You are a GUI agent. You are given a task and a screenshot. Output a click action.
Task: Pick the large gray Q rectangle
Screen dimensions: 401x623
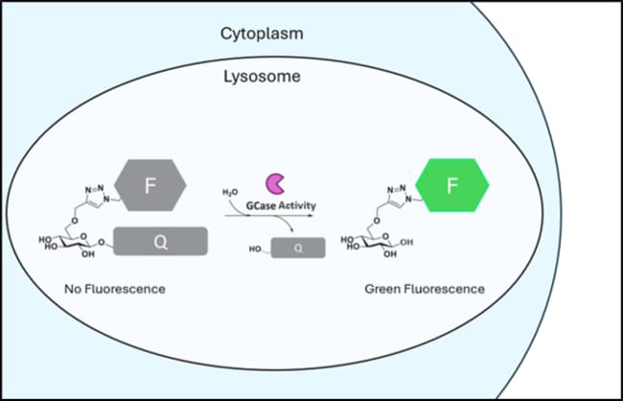point(160,242)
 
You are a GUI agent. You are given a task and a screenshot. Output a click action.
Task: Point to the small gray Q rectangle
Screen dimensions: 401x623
point(298,248)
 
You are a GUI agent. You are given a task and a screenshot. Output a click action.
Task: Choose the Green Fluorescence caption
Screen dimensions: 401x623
point(425,289)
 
